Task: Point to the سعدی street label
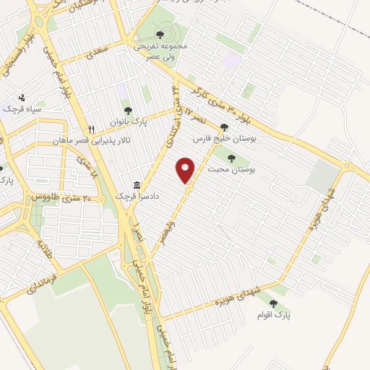(96, 51)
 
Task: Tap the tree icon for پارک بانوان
(129, 111)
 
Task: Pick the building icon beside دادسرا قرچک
(137, 185)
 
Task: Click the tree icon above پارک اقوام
(274, 304)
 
